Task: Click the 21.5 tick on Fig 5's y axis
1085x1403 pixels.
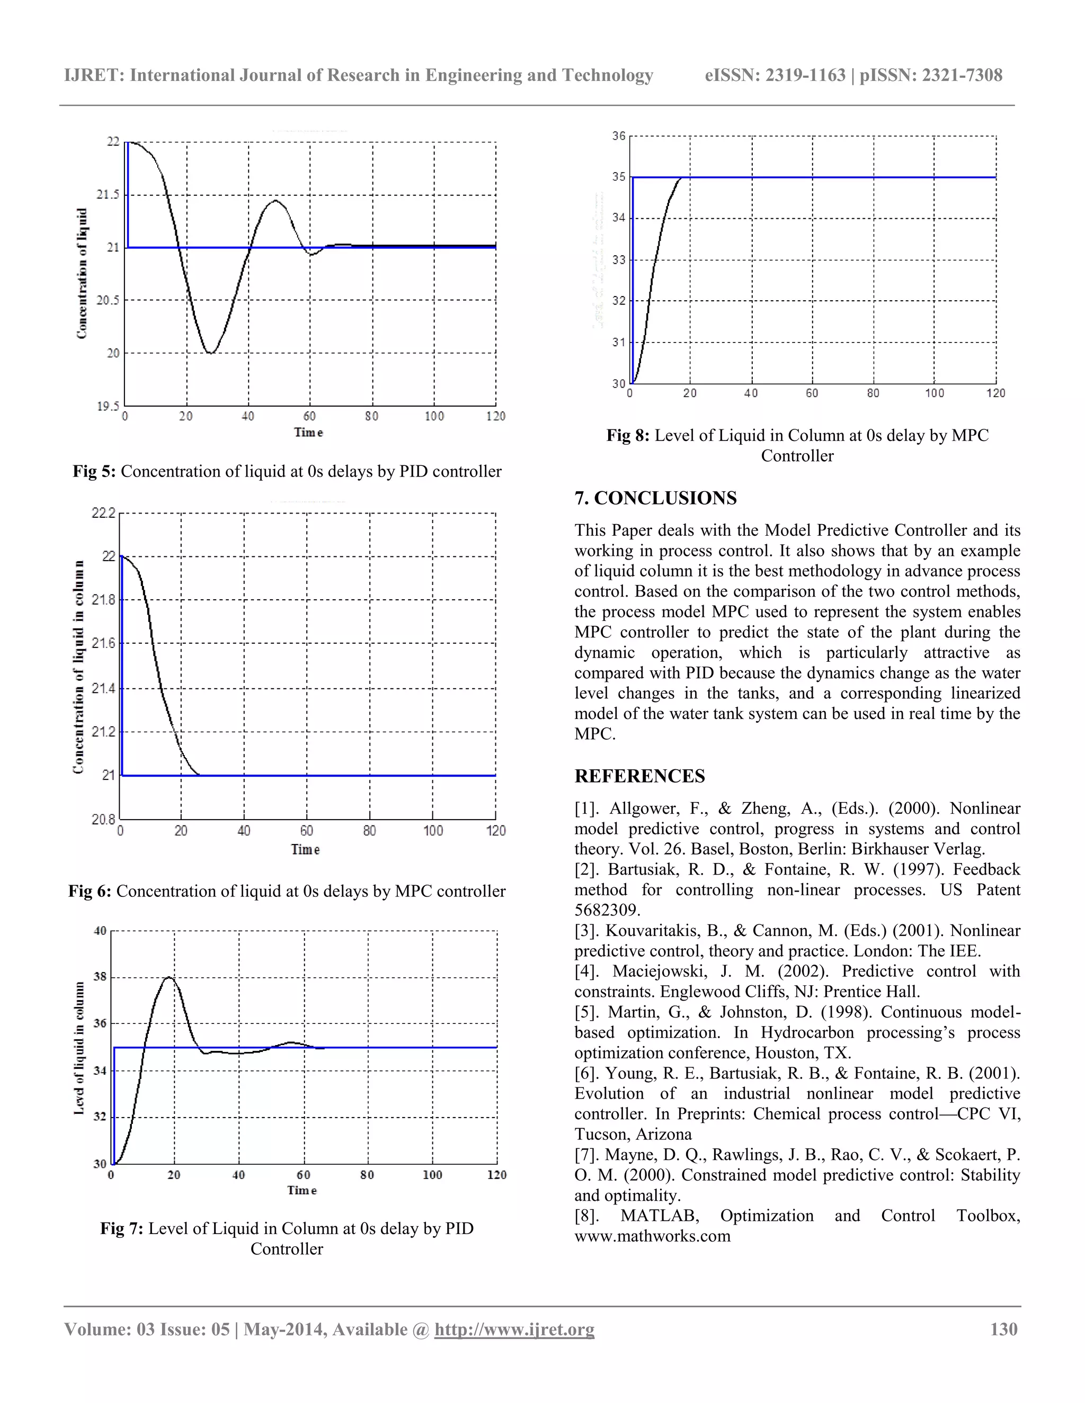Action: [x=108, y=195]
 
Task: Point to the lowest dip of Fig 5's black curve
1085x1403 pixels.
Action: [x=210, y=352]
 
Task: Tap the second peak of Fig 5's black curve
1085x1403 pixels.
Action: [x=275, y=201]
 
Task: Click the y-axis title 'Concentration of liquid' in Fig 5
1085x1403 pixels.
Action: [x=82, y=273]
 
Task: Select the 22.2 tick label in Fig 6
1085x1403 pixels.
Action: [x=103, y=512]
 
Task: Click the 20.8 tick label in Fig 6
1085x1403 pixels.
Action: [x=103, y=819]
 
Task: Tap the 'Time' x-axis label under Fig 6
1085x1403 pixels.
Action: [x=305, y=849]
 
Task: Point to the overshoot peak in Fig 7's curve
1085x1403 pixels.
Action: [x=168, y=978]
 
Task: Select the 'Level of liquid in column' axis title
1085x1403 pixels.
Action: [x=79, y=1048]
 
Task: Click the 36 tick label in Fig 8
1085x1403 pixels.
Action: [x=618, y=136]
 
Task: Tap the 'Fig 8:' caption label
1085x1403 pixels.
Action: [x=628, y=436]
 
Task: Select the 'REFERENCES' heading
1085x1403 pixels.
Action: [x=639, y=776]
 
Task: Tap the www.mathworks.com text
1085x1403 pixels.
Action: [x=652, y=1236]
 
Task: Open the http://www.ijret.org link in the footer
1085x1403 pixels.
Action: [x=514, y=1329]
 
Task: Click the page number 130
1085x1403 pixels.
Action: [x=1003, y=1329]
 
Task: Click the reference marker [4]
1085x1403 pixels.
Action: [x=588, y=972]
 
